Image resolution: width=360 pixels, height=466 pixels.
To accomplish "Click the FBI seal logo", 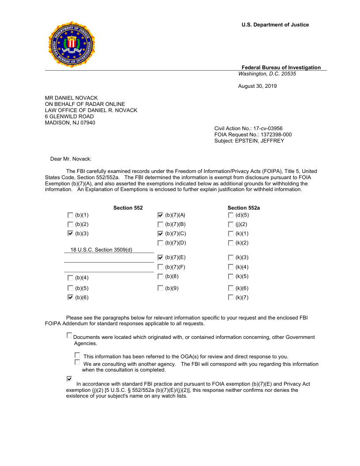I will point(71,44).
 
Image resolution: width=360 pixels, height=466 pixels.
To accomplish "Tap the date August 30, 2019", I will point(257,86).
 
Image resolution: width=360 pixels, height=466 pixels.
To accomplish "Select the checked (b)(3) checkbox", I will point(71,233).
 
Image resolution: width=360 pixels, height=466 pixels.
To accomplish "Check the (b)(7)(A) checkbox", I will point(161,215).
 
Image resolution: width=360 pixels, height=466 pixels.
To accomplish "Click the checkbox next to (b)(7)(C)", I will point(161,233).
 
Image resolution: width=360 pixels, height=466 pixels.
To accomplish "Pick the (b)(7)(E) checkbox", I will point(161,257).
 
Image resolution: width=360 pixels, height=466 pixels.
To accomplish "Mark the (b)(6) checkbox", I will point(71,297).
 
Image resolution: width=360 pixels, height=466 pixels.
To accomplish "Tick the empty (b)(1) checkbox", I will point(71,215).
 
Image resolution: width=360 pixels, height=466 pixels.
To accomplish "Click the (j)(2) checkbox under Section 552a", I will point(231,224).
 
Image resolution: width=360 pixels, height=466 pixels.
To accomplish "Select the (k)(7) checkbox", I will point(231,297).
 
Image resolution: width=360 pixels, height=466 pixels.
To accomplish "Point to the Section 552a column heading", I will point(244,208).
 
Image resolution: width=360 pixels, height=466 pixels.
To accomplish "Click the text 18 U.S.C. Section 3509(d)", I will point(101,250).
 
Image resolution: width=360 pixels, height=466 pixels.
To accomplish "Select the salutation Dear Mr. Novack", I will point(71,159).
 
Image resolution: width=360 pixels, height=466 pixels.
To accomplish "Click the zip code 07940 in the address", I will point(88,123).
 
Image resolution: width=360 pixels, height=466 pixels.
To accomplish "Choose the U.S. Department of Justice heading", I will point(275,25).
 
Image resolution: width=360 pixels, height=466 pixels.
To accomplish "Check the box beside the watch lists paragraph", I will point(69,379).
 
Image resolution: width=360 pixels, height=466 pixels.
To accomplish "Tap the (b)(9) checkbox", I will point(161,288).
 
